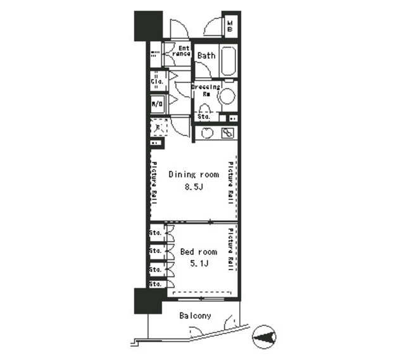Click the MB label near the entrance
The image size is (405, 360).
(x=230, y=27)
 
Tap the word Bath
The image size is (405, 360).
(x=206, y=56)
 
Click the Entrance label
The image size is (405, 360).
(x=182, y=51)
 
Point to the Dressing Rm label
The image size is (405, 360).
(x=205, y=90)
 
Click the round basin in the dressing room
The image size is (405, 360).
(x=227, y=96)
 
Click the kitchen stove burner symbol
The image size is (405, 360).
(x=227, y=133)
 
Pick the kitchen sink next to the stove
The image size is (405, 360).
(x=207, y=133)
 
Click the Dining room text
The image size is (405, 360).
(x=194, y=175)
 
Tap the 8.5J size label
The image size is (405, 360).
(x=193, y=187)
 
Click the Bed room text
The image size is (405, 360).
(x=198, y=251)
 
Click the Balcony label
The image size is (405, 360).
(x=195, y=316)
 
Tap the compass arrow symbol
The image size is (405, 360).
(x=264, y=336)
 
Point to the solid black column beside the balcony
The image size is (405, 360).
(x=147, y=301)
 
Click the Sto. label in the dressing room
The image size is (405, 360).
(x=203, y=116)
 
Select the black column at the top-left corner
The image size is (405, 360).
(x=147, y=25)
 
